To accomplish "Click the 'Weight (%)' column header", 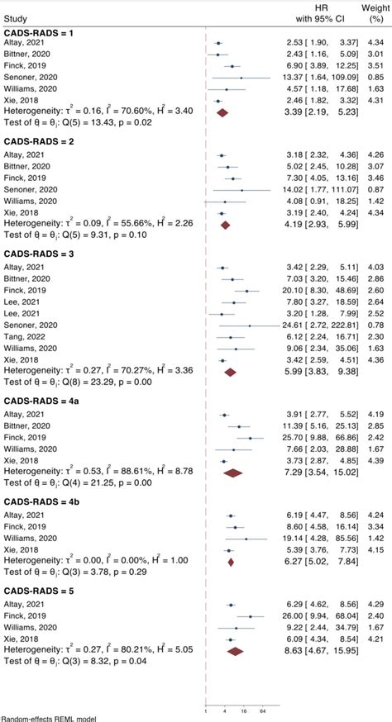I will pyautogui.click(x=375, y=13).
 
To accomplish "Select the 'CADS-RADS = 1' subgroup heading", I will pyautogui.click(x=40, y=32).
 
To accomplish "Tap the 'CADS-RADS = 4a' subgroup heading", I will pyautogui.click(x=42, y=401).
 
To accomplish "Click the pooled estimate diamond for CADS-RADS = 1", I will pyautogui.click(x=222, y=112).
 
